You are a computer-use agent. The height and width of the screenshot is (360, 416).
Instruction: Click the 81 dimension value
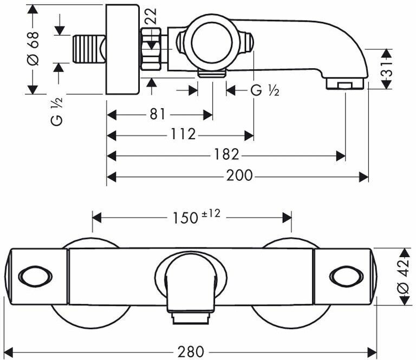pos(157,115)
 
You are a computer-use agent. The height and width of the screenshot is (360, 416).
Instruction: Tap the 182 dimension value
pos(226,155)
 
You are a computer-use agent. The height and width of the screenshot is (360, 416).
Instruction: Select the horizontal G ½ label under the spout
pos(264,90)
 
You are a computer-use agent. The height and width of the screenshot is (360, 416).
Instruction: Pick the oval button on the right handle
pos(345,277)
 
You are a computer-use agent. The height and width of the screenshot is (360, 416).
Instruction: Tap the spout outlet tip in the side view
pos(344,84)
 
